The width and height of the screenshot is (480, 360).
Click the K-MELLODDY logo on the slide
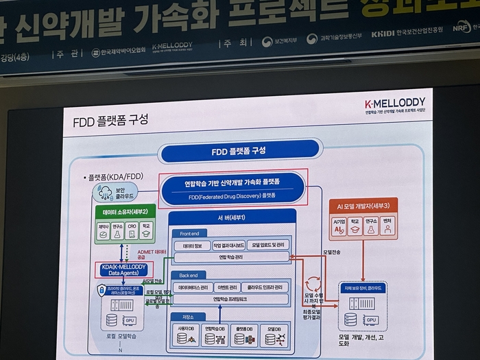coord(396,104)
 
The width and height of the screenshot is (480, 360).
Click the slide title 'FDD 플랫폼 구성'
coord(110,121)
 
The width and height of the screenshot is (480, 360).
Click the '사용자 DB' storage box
coord(186,334)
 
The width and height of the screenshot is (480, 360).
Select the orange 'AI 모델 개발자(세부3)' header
coord(363,205)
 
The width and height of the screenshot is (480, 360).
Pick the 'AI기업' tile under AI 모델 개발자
coord(338,226)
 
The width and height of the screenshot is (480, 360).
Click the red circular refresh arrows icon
coord(312,282)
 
